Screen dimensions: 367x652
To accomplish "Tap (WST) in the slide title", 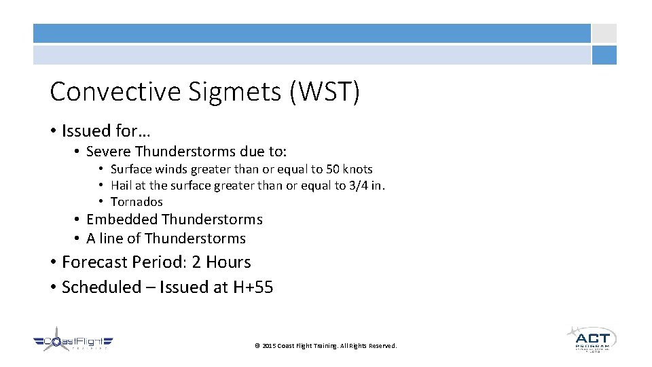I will tap(324, 92).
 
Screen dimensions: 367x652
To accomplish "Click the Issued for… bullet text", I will tap(106, 130).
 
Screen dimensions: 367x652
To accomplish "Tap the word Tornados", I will tap(137, 202).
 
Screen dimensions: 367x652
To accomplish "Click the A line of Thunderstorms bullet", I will tap(166, 239).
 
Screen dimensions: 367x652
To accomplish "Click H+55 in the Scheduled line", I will tap(253, 287).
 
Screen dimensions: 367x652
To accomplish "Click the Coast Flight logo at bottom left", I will tap(73, 343).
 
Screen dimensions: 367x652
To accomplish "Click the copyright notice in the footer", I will tap(325, 346).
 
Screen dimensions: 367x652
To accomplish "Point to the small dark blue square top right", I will tap(604, 55).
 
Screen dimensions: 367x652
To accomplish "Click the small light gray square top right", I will tap(604, 33).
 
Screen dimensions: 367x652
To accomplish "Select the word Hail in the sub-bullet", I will tap(120, 186).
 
